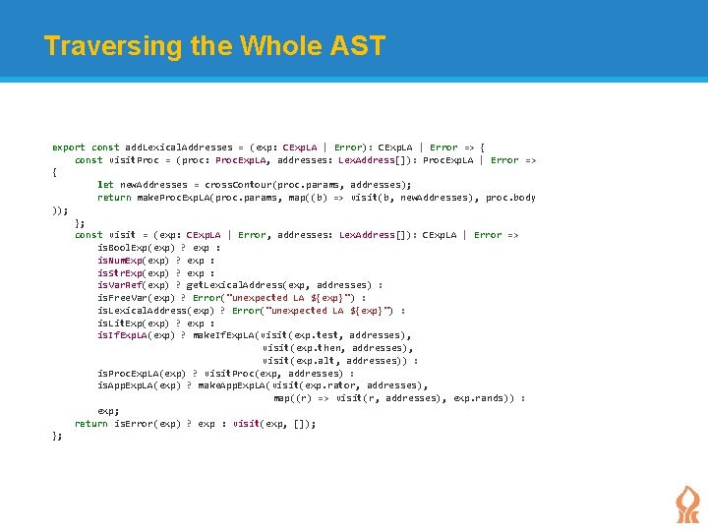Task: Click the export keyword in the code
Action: coord(68,147)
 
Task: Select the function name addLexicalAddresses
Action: coord(177,147)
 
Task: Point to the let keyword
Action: coord(105,185)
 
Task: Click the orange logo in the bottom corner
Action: coord(687,504)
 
